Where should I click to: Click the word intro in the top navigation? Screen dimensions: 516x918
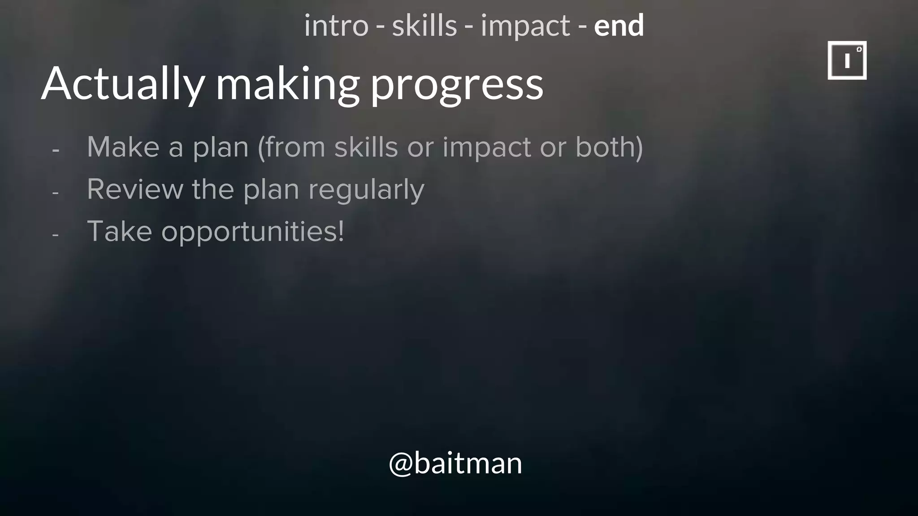[x=336, y=26]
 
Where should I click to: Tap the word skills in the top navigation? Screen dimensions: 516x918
[x=424, y=26]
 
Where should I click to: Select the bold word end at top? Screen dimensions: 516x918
[x=619, y=26]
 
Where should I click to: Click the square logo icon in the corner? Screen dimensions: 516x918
[x=847, y=60]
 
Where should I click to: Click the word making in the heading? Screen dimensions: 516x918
[x=287, y=84]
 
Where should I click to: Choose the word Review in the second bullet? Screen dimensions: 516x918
[x=135, y=189]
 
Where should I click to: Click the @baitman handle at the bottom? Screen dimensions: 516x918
[x=455, y=463]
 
